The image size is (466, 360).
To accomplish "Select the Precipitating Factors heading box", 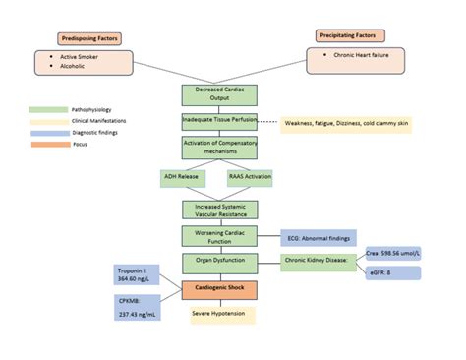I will click(x=350, y=36).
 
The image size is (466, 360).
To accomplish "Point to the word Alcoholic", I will click(x=73, y=69).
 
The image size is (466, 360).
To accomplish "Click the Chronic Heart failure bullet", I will click(x=360, y=56).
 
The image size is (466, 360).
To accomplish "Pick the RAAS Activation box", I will click(x=250, y=178).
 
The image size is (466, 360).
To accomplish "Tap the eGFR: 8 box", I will click(x=393, y=272).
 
